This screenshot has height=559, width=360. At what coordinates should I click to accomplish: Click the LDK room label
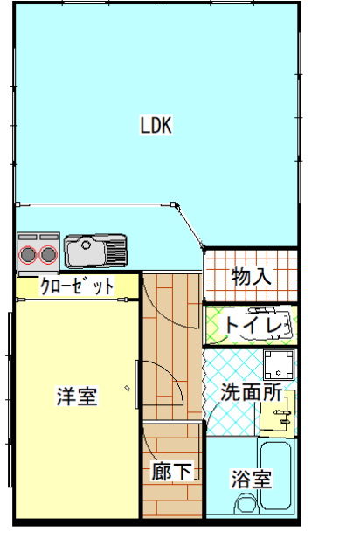pyautogui.click(x=156, y=125)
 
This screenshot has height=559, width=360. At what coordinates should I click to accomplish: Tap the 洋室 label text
pyautogui.click(x=77, y=396)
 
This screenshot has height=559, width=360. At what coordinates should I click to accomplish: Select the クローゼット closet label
pyautogui.click(x=77, y=285)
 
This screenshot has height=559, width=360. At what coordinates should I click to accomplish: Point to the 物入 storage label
pyautogui.click(x=251, y=277)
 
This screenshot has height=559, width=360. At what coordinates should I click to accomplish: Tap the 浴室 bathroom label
pyautogui.click(x=251, y=479)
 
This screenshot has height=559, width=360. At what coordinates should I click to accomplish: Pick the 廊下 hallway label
pyautogui.click(x=171, y=472)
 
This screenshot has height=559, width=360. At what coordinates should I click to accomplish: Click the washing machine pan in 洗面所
pyautogui.click(x=279, y=366)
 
